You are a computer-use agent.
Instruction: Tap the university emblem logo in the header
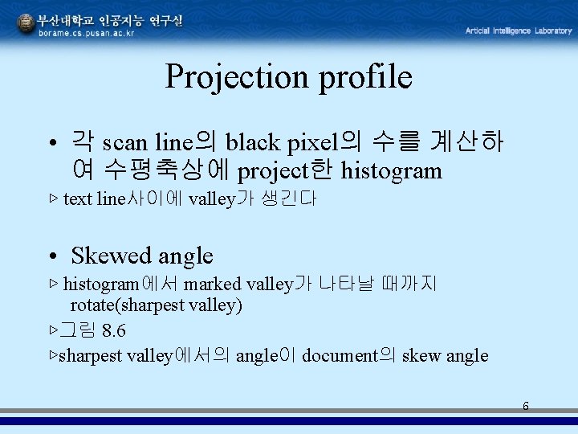pyautogui.click(x=26, y=24)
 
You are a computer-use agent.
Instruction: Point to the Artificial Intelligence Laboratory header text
pyautogui.click(x=518, y=31)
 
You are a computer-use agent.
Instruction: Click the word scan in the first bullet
pyautogui.click(x=124, y=143)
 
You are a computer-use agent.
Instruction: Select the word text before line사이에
pyautogui.click(x=78, y=199)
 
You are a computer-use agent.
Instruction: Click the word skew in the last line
pyautogui.click(x=421, y=356)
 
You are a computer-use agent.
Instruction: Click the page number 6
pyautogui.click(x=526, y=406)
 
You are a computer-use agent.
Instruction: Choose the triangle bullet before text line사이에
pyautogui.click(x=54, y=199)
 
